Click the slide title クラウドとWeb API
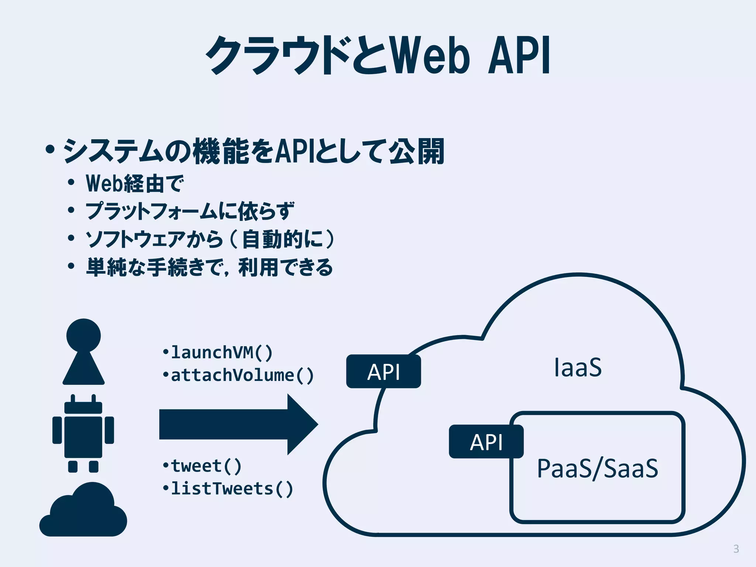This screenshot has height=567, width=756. (378, 55)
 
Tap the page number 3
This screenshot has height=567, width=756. (736, 549)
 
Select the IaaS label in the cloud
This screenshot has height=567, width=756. (578, 367)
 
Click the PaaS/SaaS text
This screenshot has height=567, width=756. (597, 468)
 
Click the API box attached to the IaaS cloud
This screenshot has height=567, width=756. (384, 371)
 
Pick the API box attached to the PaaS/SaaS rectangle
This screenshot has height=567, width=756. (486, 442)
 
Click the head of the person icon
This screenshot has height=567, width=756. (83, 335)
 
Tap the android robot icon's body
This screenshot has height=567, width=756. (83, 437)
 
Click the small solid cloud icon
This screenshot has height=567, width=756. (83, 513)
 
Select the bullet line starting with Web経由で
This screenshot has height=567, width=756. (135, 183)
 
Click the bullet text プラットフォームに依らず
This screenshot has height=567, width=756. (190, 211)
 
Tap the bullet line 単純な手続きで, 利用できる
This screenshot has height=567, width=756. (210, 267)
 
